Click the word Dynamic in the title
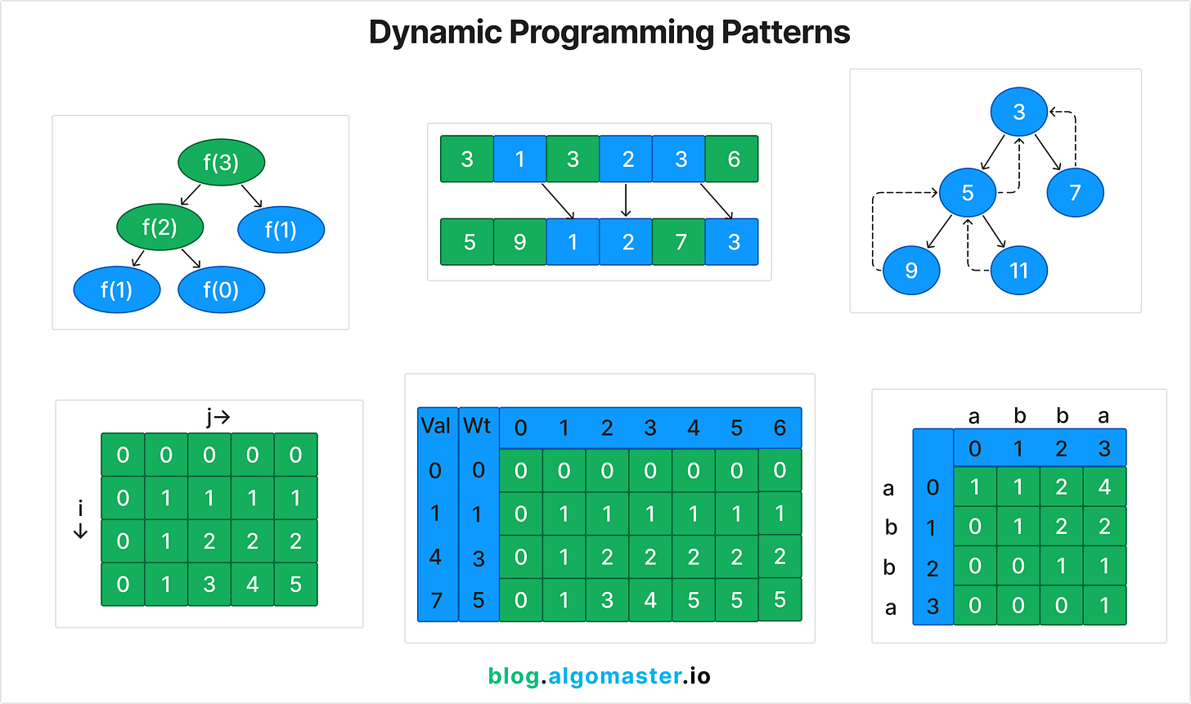[434, 33]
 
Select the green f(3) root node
[221, 162]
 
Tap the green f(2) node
[159, 226]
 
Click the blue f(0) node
[221, 289]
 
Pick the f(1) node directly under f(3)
[281, 230]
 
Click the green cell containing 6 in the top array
[732, 159]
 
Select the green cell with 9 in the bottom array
[519, 242]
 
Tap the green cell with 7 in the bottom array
[679, 242]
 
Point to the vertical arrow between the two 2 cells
[626, 200]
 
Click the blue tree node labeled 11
[1018, 271]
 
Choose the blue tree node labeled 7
[1075, 193]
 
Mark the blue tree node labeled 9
[911, 271]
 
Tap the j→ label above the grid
[218, 418]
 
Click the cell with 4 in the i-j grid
[252, 585]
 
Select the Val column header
[436, 426]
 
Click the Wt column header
[478, 426]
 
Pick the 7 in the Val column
[436, 601]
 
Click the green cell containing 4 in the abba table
[1104, 487]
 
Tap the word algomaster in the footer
[614, 676]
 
